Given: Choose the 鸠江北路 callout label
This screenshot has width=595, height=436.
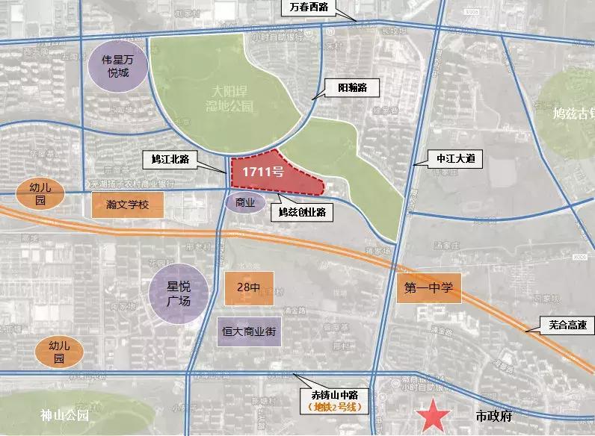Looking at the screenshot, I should pos(170,158).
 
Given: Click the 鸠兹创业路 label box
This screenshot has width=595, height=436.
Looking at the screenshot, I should pos(301,211).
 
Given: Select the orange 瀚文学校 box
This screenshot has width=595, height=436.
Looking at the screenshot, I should pos(128,204).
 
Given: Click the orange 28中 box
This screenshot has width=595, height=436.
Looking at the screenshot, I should pos(248,287).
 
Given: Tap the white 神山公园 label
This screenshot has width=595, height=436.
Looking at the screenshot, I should pos(65,416).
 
